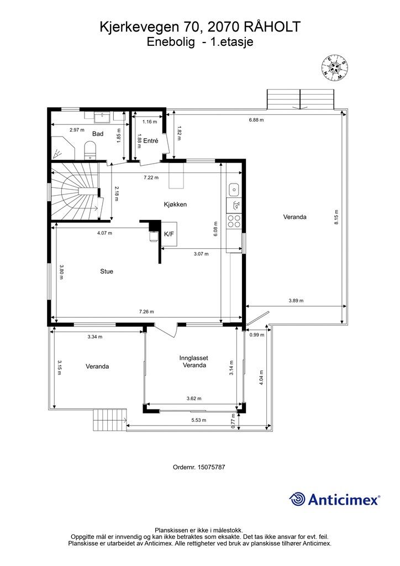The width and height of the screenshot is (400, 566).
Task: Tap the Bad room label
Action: click(98, 134)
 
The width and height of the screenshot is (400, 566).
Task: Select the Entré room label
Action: click(151, 141)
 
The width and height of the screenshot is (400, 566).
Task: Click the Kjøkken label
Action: click(175, 205)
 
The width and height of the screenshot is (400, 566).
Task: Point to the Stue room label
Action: click(107, 271)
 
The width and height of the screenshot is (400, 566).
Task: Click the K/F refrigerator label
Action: click(169, 234)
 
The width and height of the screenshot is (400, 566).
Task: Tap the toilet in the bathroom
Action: click(90, 149)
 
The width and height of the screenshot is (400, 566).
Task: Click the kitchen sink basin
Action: click(234, 189)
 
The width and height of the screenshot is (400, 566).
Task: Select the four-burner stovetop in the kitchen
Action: click(234, 221)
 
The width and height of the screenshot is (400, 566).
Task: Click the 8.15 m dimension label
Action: click(336, 217)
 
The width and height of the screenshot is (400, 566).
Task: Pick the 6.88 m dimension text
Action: click(256, 120)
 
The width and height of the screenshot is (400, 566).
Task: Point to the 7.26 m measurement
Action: click(146, 312)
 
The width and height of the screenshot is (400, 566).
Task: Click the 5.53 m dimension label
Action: click(199, 420)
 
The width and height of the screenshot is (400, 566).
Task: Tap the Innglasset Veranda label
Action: click(194, 361)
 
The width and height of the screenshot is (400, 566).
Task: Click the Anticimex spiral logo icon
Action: click(297, 500)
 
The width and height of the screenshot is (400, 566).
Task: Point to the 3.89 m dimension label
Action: click(296, 301)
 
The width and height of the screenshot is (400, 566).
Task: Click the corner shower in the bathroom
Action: click(63, 148)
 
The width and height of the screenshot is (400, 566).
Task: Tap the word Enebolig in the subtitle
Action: click(171, 42)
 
